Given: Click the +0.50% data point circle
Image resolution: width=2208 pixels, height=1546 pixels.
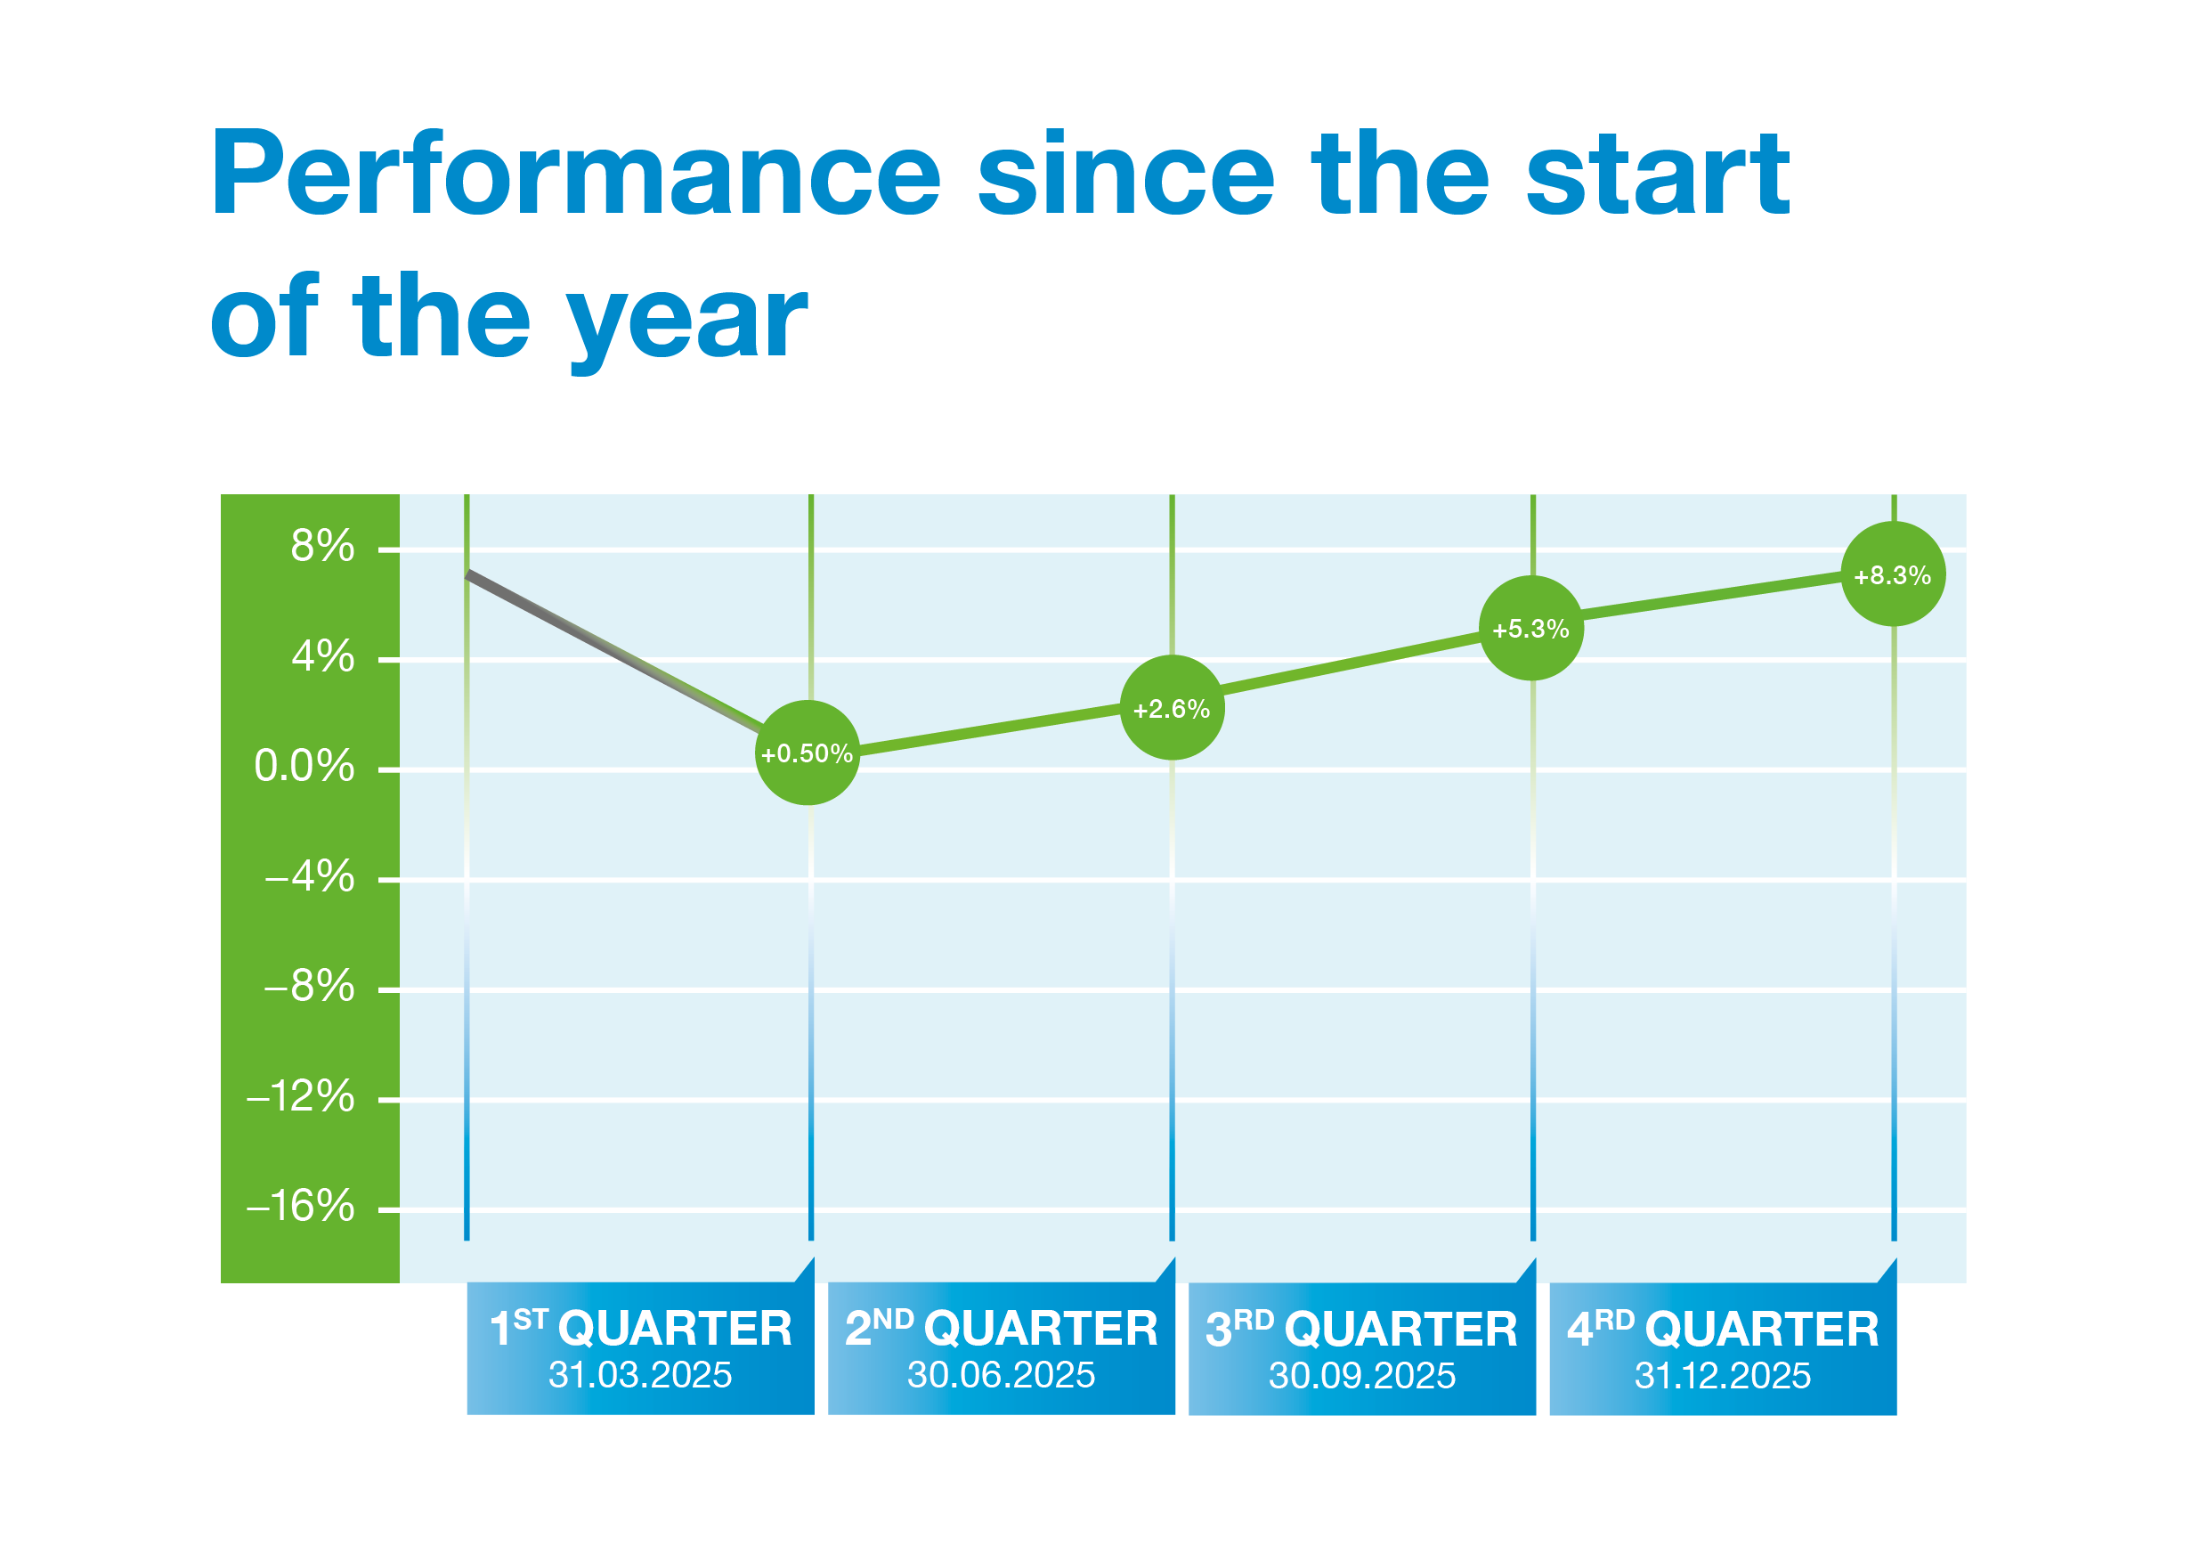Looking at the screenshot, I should [807, 753].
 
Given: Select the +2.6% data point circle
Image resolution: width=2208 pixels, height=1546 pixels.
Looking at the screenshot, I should [1172, 709].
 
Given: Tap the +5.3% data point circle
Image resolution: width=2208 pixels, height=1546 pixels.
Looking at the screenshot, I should [1530, 629].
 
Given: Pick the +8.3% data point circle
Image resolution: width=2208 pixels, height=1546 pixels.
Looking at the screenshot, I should [1892, 575].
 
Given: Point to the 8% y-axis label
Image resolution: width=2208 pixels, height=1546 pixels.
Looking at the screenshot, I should [322, 547].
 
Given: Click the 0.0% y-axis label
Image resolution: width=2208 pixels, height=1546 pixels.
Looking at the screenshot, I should [304, 767].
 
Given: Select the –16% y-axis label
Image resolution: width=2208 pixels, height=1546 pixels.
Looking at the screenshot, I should [300, 1207].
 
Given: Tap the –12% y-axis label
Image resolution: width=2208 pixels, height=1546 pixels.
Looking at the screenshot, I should [300, 1097].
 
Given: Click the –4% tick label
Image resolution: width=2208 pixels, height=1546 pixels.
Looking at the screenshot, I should [309, 877].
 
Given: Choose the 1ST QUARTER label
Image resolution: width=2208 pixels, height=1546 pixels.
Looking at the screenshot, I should [640, 1329].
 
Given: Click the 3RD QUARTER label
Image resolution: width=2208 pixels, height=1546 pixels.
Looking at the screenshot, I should [1360, 1329].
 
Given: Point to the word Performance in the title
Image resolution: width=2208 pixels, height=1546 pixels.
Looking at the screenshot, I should [574, 175].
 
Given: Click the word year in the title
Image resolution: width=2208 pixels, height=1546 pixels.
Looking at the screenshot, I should [686, 321].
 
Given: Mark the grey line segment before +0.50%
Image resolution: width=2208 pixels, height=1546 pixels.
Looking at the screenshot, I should [615, 652].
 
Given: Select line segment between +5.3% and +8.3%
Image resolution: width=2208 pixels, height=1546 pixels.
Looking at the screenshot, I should [1712, 596].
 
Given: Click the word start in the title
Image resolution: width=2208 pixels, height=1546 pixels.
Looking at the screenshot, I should [1657, 175].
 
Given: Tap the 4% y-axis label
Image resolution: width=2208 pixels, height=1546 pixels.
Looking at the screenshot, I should [322, 657].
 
